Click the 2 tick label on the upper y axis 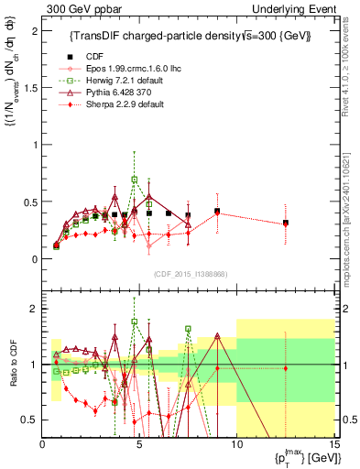34,30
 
